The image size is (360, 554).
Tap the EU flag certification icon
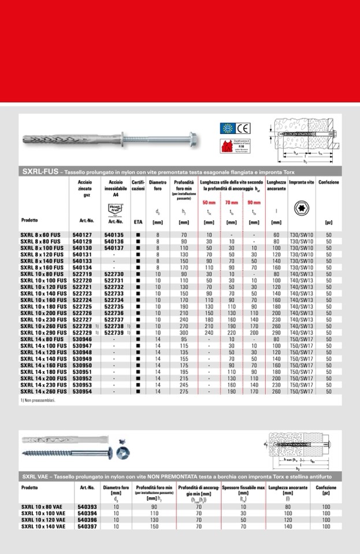[x=228, y=128]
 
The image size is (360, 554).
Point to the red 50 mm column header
[x=209, y=203]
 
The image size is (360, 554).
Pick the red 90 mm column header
[x=253, y=203]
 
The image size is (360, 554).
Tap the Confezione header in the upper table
[x=329, y=183]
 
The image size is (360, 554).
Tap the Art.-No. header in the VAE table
[x=87, y=488]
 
